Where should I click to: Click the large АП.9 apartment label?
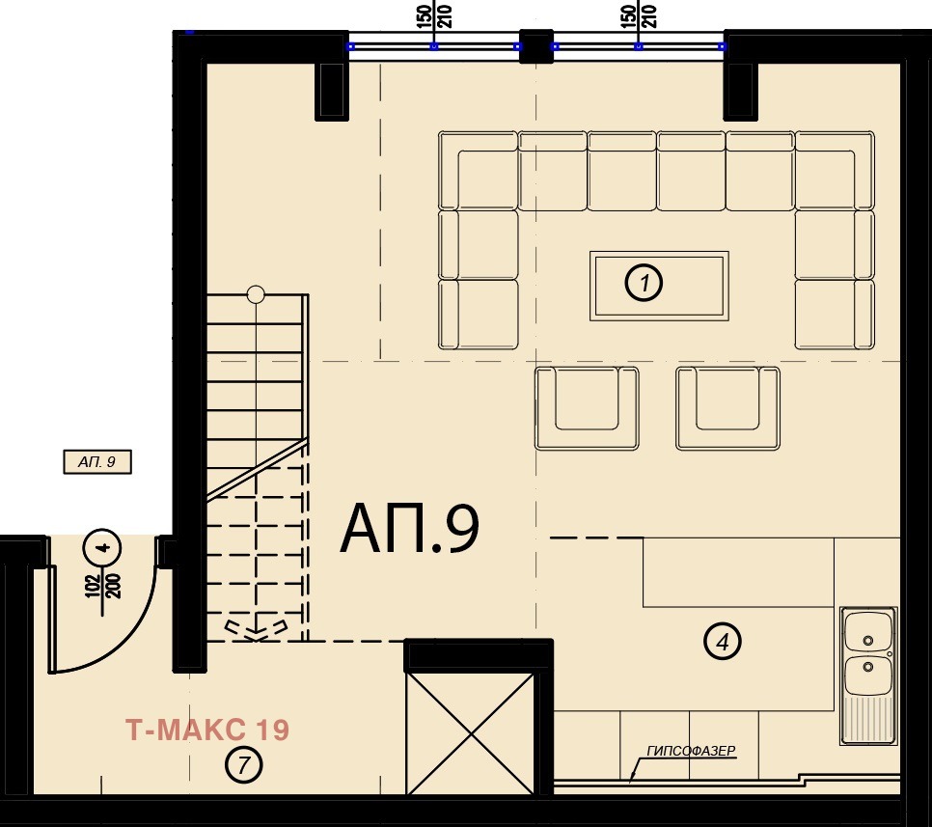click(409, 530)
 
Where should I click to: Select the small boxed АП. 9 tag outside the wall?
click(96, 463)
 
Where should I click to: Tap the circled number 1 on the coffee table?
click(644, 284)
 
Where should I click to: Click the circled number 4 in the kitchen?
click(722, 640)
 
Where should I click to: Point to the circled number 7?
click(243, 766)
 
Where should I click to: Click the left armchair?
click(587, 407)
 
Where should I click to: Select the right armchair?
click(727, 407)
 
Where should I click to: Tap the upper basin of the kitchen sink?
click(868, 634)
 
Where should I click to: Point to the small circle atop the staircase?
click(256, 294)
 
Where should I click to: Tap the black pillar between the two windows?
click(535, 48)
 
